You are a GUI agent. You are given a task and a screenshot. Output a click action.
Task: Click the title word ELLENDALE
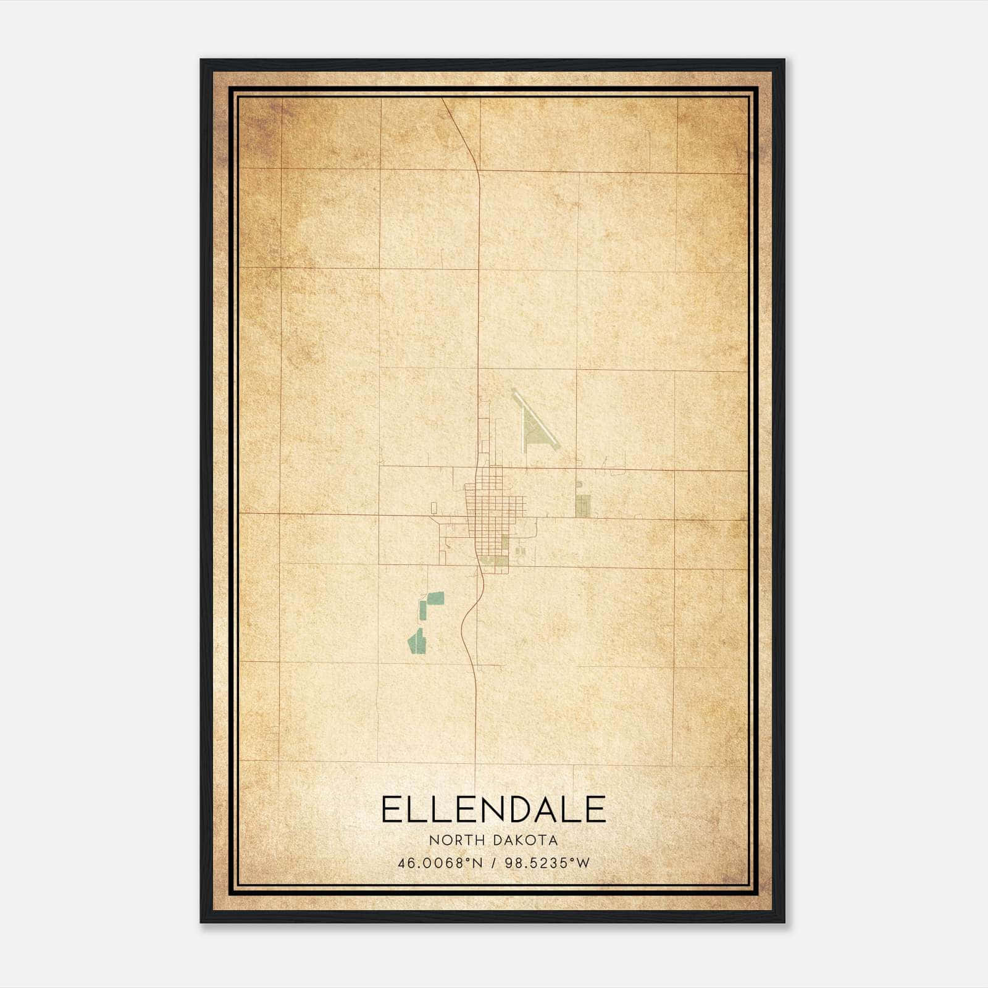(493, 810)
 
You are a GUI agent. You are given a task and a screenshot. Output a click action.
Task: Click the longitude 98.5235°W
(547, 863)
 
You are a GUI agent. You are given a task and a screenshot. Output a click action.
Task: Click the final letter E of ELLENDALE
(595, 810)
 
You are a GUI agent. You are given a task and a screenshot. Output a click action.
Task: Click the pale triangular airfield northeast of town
(532, 430)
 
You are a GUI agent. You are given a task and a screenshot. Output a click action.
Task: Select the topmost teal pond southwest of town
(436, 598)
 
